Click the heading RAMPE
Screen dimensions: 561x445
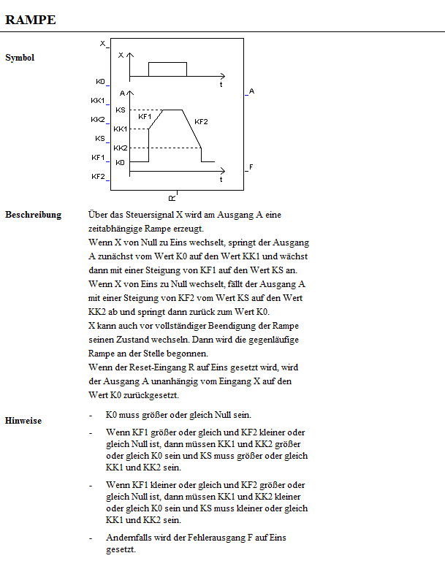pyautogui.click(x=31, y=19)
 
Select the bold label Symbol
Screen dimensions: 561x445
pyautogui.click(x=20, y=57)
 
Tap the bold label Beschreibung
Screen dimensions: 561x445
pyautogui.click(x=33, y=215)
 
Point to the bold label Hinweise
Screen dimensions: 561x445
pyautogui.click(x=23, y=421)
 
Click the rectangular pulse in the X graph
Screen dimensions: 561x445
pyautogui.click(x=167, y=69)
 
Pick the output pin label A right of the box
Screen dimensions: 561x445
pyautogui.click(x=251, y=91)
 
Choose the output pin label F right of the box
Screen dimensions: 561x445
pyautogui.click(x=251, y=167)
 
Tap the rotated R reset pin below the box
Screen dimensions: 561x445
pyautogui.click(x=172, y=198)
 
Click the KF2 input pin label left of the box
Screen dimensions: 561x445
pyautogui.click(x=98, y=177)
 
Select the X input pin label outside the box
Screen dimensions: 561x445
pyautogui.click(x=102, y=44)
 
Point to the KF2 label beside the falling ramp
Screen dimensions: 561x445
pyautogui.click(x=201, y=121)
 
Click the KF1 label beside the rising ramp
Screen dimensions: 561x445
pyautogui.click(x=145, y=116)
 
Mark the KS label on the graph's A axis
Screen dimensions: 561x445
pyautogui.click(x=121, y=110)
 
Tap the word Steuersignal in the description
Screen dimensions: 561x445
pyautogui.click(x=145, y=215)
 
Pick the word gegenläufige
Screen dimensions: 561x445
pyautogui.click(x=261, y=340)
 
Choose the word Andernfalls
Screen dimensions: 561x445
pyautogui.click(x=127, y=537)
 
